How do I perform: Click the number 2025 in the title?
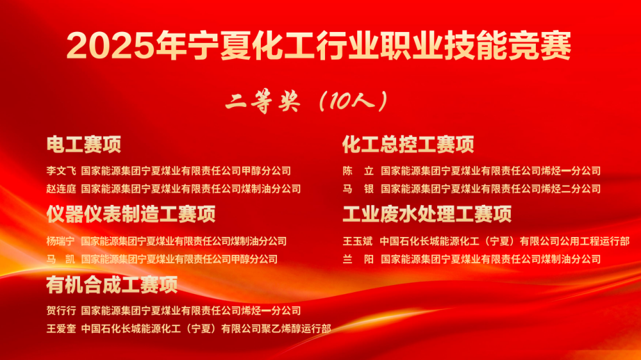tap(111, 45)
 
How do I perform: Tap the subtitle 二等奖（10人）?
tap(306, 101)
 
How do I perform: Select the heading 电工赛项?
tap(84, 145)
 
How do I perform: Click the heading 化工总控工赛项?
tap(408, 145)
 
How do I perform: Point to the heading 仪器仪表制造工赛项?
tap(131, 214)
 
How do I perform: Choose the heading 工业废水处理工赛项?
tap(427, 214)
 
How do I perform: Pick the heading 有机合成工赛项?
tap(112, 285)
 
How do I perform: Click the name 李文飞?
tap(62, 171)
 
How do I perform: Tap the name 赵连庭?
tap(62, 189)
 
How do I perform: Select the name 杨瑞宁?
tap(60, 241)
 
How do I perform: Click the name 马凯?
tap(60, 259)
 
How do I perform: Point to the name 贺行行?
tap(62, 311)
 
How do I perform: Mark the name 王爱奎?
tap(62, 329)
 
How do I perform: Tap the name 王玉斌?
tap(358, 241)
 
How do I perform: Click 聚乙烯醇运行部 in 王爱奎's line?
tap(296, 329)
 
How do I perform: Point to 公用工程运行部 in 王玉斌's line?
tap(595, 241)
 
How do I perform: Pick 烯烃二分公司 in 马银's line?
tap(571, 189)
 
